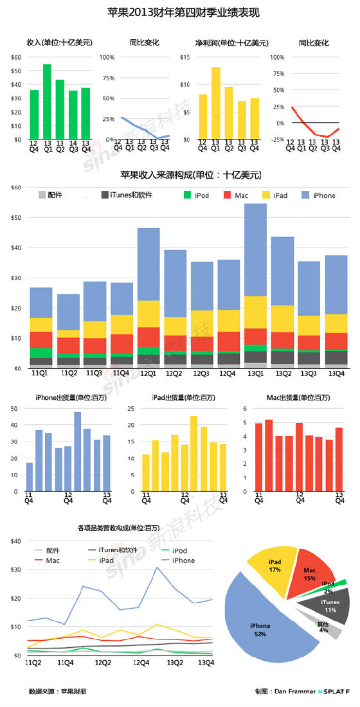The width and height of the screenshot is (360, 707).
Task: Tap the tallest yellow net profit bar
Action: pos(215,103)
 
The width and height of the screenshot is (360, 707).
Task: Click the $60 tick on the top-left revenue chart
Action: pos(15,57)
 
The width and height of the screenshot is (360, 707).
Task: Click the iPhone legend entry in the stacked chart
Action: pos(322,195)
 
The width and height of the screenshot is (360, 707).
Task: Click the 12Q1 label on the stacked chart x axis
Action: pos(148,374)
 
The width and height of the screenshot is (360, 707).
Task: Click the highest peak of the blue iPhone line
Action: pos(156,567)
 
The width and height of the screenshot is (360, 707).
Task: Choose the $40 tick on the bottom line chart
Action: pos(15,541)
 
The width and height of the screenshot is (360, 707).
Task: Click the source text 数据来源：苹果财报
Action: pos(57,692)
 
